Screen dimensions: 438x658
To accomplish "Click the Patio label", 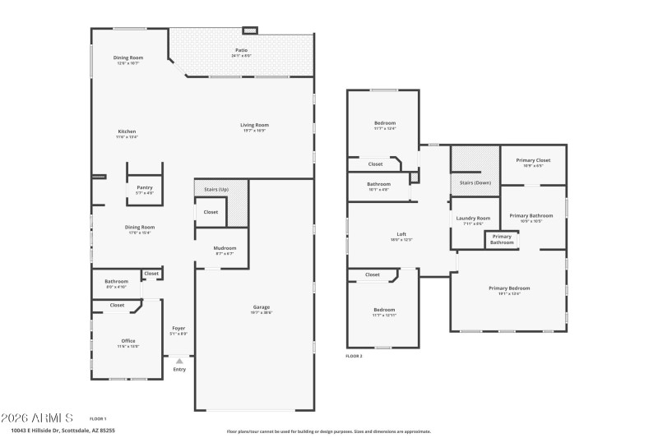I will [241, 50].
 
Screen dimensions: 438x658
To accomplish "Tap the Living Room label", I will [254, 125].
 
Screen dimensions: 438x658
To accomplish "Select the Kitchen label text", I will [127, 131].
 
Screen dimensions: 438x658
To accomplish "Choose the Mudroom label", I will [225, 248].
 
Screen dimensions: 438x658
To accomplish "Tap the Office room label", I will [127, 340].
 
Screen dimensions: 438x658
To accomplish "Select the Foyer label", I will [178, 329].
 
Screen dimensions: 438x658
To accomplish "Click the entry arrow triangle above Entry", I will [179, 361].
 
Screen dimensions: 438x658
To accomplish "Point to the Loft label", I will [401, 234].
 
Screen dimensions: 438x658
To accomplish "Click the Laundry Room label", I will [473, 218].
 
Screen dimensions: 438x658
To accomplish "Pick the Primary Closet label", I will [533, 160].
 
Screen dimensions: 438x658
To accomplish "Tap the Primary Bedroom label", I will [509, 288].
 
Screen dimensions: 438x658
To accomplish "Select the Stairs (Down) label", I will [475, 182].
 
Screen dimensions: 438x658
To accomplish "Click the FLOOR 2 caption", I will [354, 356].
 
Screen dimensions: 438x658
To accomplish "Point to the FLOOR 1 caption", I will [98, 418].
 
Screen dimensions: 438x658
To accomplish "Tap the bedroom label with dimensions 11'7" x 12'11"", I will [384, 311].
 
